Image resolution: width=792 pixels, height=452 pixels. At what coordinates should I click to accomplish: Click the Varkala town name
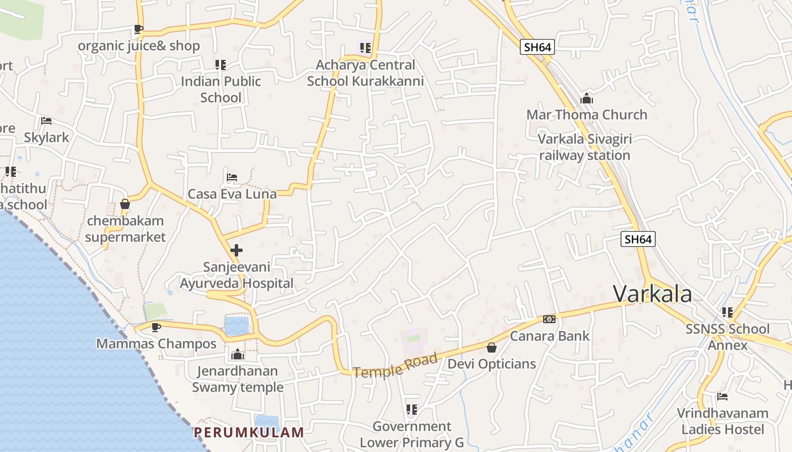click(652, 294)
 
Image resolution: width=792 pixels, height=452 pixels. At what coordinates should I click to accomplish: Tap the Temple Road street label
click(395, 365)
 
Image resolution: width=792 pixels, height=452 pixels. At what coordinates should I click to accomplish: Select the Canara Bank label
click(550, 336)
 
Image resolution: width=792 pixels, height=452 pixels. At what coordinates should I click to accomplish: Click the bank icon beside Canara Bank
click(549, 319)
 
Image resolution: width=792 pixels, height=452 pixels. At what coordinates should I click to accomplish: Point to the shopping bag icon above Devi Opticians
click(492, 347)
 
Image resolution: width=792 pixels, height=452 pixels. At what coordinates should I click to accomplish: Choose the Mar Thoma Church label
click(587, 115)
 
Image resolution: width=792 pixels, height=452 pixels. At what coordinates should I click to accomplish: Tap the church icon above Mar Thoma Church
click(587, 99)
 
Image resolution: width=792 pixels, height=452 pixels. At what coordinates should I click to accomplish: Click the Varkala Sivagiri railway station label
click(584, 147)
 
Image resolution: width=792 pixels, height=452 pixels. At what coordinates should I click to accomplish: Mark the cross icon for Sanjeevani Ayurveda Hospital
click(236, 250)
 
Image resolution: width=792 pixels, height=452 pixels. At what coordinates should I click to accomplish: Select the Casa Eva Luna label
click(232, 194)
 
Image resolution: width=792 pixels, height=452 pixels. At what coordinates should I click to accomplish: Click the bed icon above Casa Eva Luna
click(232, 177)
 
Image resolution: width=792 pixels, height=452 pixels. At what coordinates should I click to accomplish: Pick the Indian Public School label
click(221, 89)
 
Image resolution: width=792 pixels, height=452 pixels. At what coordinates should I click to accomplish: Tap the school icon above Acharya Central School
click(365, 48)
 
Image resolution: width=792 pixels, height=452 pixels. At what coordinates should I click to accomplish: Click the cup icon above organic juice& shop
click(139, 29)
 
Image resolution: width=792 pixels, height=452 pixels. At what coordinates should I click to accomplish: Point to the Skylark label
click(46, 137)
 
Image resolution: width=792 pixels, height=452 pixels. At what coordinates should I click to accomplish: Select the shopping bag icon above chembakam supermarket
click(125, 204)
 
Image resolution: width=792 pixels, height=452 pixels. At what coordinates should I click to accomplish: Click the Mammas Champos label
click(156, 344)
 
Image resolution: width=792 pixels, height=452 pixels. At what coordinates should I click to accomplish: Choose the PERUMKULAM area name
click(249, 433)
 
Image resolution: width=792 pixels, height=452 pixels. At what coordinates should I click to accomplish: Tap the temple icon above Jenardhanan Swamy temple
click(238, 355)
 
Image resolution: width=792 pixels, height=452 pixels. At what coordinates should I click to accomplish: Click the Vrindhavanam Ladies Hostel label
click(722, 421)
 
